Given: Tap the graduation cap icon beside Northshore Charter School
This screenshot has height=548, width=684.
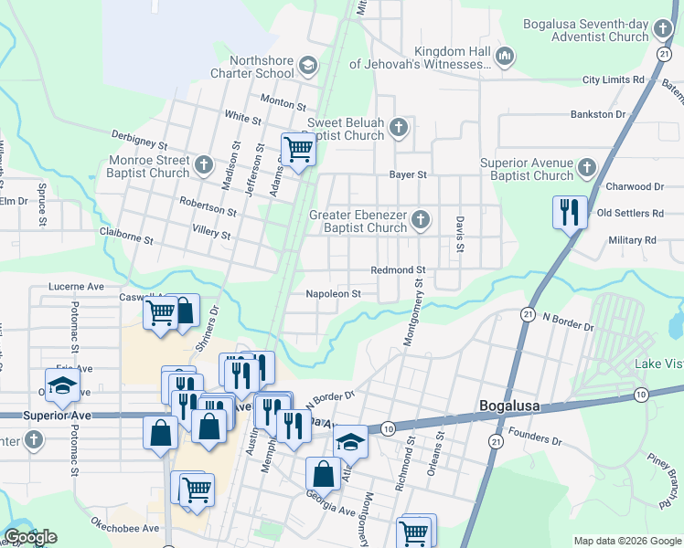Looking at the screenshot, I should (x=308, y=66).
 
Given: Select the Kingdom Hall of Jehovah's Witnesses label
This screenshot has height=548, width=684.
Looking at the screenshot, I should (x=453, y=58).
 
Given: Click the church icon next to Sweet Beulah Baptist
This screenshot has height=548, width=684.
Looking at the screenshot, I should (x=398, y=128).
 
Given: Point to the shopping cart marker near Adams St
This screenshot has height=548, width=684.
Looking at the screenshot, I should (x=298, y=149).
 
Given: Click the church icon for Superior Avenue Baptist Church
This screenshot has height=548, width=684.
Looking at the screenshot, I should (x=586, y=168).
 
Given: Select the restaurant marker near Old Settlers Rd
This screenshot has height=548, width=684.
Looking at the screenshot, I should (x=570, y=213).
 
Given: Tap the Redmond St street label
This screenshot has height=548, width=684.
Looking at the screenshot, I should (x=398, y=270).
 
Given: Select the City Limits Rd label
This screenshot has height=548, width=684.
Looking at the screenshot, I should (x=613, y=80).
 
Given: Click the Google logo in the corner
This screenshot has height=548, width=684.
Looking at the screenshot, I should (x=29, y=537).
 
